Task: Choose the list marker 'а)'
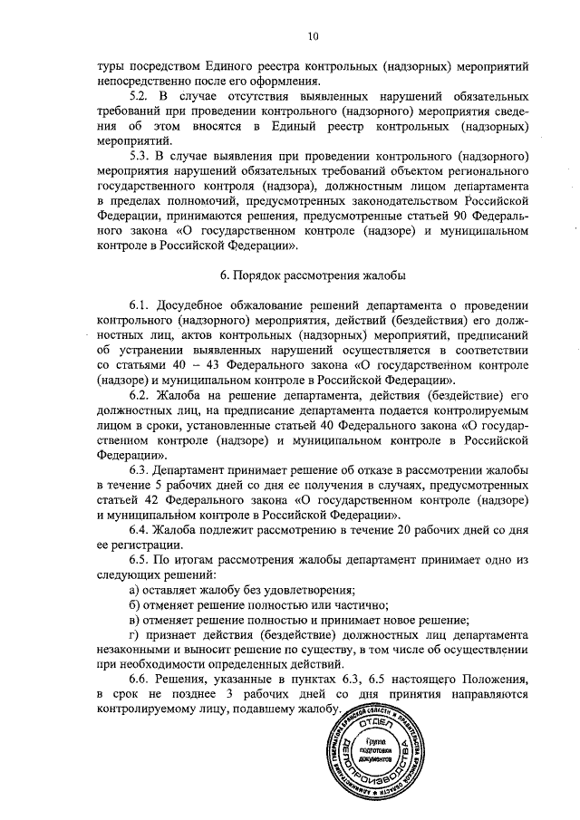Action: click(135, 590)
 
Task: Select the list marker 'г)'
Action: click(135, 634)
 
